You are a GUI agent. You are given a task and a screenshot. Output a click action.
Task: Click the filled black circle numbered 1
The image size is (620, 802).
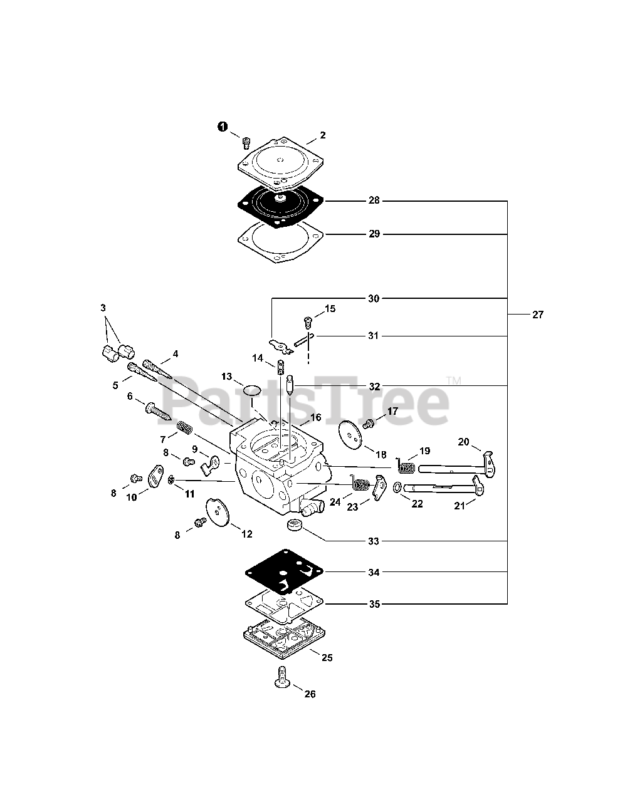pyautogui.click(x=223, y=127)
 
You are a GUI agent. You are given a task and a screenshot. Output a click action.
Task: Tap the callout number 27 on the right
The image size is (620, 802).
pyautogui.click(x=538, y=315)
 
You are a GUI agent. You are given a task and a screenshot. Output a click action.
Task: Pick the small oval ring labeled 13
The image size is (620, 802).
pyautogui.click(x=252, y=391)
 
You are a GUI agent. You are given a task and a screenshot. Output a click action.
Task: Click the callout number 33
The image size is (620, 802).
pyautogui.click(x=374, y=541)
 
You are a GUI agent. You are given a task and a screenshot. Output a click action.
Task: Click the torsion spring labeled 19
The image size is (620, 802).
pyautogui.click(x=407, y=467)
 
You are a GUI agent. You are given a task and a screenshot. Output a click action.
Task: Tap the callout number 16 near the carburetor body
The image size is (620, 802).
pyautogui.click(x=315, y=417)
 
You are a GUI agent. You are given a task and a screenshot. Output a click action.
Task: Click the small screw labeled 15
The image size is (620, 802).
pyautogui.click(x=307, y=323)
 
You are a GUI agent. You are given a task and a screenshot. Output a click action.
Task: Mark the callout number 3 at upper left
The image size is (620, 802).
pyautogui.click(x=103, y=308)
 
